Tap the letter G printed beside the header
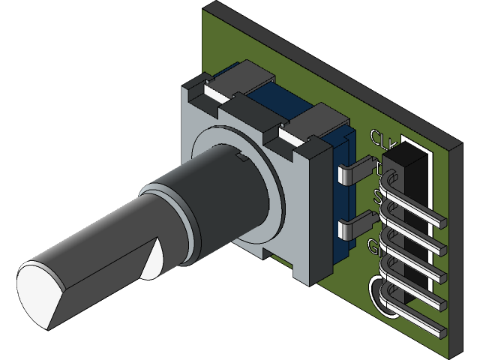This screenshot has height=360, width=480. coord(375,245)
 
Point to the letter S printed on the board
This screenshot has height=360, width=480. coord(378,198)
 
